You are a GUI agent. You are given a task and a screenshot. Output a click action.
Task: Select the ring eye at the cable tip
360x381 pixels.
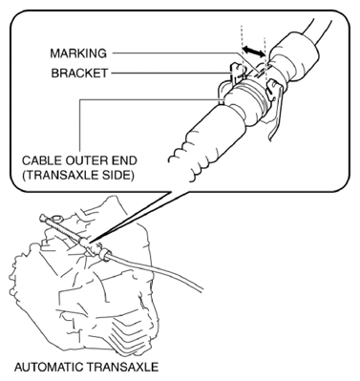[46, 222]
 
